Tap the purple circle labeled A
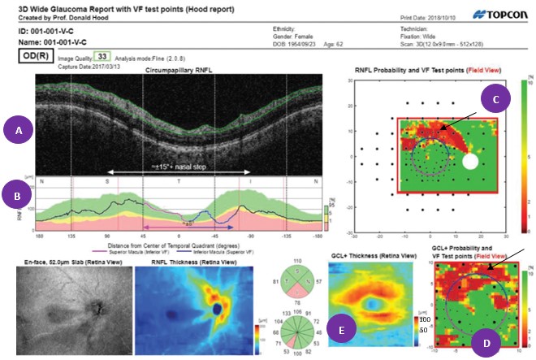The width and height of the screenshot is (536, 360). (18, 128)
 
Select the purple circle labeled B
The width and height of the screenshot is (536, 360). (18, 196)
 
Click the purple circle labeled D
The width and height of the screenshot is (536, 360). (486, 343)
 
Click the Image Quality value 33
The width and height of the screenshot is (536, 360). (102, 56)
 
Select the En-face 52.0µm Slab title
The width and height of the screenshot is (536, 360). (54, 254)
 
